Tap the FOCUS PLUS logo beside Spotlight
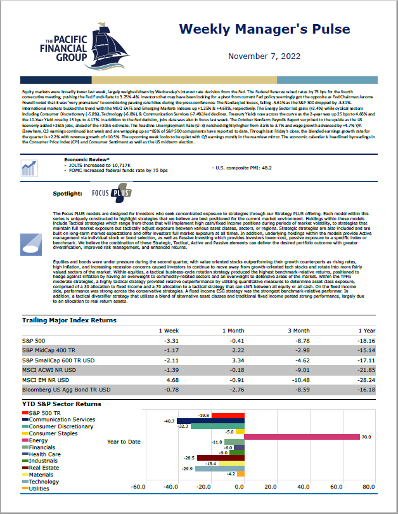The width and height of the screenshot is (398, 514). (112, 192)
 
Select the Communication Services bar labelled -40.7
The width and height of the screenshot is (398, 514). (210, 421)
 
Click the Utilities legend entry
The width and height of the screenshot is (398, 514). (39, 489)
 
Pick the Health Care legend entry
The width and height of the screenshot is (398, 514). (44, 454)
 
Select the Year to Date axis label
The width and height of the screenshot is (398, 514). (124, 442)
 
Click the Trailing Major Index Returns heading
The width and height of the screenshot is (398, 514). (69, 320)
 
